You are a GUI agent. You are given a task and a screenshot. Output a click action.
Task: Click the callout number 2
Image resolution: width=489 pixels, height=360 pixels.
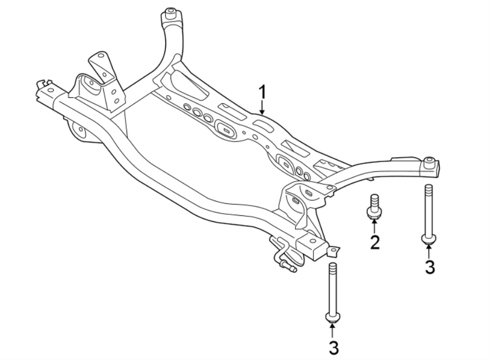[374, 243]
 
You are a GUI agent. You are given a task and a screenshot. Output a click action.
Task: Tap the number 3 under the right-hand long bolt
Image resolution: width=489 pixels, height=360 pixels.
[429, 267]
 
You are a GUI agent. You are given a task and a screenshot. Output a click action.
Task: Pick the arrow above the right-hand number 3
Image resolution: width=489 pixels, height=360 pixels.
[429, 251]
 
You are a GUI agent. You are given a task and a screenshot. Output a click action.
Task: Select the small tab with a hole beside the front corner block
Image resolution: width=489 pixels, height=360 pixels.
[333, 251]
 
